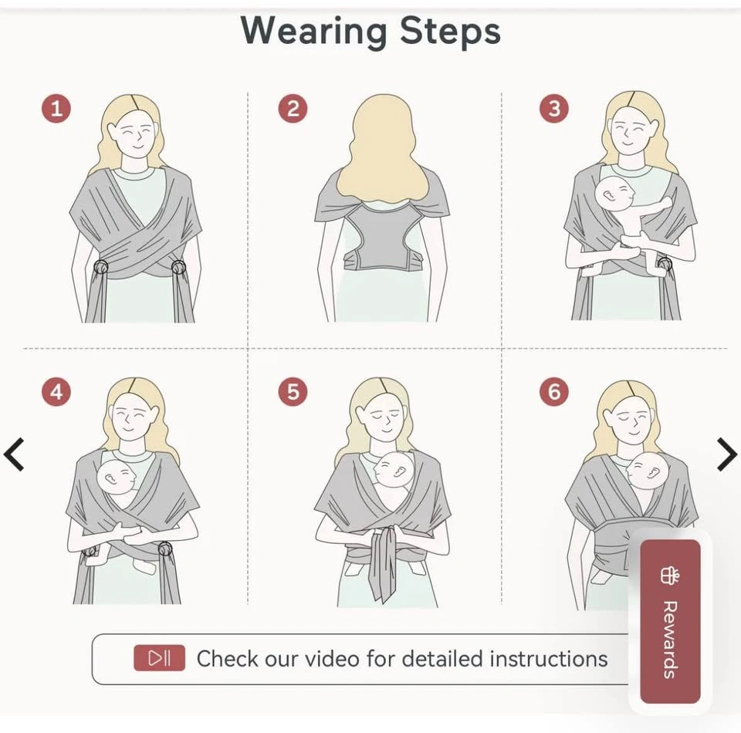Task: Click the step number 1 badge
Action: click(x=56, y=109)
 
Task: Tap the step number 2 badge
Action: click(x=293, y=109)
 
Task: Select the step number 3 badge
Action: click(x=554, y=109)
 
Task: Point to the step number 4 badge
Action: click(x=56, y=392)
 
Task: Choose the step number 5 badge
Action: click(x=293, y=392)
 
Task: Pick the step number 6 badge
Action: click(x=554, y=392)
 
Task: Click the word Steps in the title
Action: click(x=450, y=31)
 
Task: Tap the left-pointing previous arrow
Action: click(x=14, y=454)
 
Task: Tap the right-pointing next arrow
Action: click(x=727, y=454)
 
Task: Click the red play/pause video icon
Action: click(x=159, y=658)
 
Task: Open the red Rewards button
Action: click(x=670, y=621)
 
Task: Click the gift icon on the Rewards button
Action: click(x=670, y=576)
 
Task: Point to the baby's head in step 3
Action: click(x=614, y=194)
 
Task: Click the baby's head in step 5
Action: click(x=393, y=470)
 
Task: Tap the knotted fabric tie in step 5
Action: click(x=384, y=562)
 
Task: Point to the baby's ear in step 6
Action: click(x=655, y=471)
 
